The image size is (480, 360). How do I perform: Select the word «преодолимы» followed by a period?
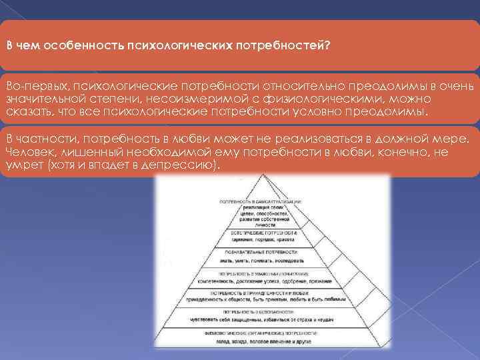(398, 110)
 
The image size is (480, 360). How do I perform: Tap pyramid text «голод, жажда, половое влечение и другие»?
(261, 339)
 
